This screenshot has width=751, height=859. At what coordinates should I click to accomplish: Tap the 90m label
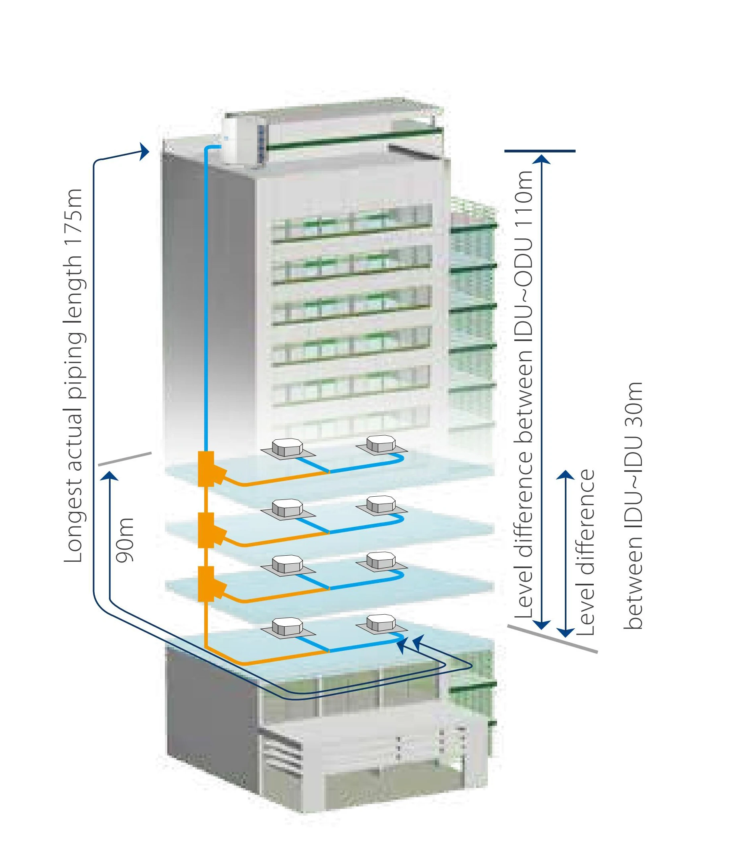pyautogui.click(x=125, y=540)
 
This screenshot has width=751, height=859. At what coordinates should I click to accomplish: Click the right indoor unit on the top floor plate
pyautogui.click(x=381, y=445)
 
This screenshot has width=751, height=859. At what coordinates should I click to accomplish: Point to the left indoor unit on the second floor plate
pyautogui.click(x=287, y=509)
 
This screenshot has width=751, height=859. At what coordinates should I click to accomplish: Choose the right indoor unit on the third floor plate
pyautogui.click(x=381, y=560)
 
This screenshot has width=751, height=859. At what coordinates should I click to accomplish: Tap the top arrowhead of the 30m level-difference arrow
pyautogui.click(x=566, y=474)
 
